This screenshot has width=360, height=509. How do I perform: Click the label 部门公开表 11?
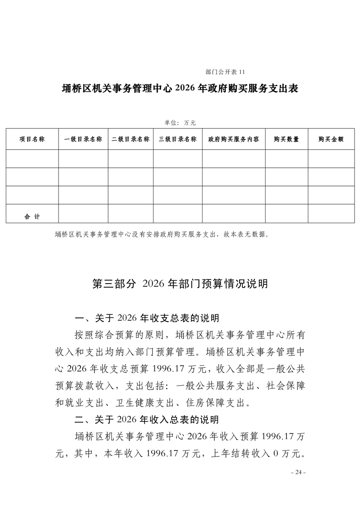(x=225, y=72)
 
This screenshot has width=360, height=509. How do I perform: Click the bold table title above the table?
(x=180, y=88)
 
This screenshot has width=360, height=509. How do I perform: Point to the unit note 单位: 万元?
(x=179, y=122)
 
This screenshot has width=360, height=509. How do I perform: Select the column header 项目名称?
(x=32, y=139)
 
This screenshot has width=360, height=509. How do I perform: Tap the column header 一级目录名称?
(x=83, y=139)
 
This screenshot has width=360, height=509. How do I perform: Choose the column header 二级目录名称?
(x=130, y=139)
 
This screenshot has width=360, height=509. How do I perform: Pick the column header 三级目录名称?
(x=178, y=139)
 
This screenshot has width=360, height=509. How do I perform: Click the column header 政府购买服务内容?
(x=234, y=139)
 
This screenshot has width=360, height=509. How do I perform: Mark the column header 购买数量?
(x=286, y=139)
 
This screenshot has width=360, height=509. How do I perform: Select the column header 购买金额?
(x=331, y=139)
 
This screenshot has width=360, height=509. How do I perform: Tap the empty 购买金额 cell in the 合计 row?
(x=331, y=214)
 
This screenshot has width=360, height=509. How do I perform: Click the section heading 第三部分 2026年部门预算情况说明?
(x=180, y=284)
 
